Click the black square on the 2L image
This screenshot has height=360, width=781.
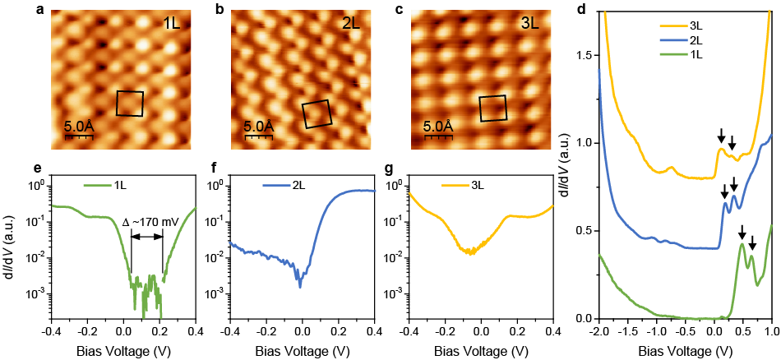(x=317, y=114)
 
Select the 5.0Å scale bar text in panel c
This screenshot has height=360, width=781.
(x=437, y=127)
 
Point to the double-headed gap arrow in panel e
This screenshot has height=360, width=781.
(x=146, y=238)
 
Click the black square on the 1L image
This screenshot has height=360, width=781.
(x=129, y=104)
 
